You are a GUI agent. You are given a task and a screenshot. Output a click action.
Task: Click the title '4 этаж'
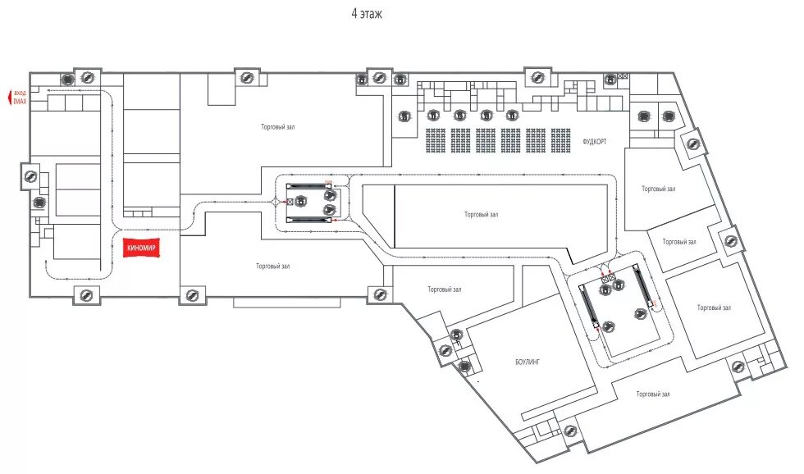click(x=366, y=14)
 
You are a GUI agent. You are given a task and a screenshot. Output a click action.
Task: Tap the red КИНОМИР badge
click(x=141, y=247)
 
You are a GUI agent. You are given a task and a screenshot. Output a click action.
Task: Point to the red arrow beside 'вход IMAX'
click(x=7, y=98)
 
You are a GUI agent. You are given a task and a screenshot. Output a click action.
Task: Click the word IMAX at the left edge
click(x=21, y=101)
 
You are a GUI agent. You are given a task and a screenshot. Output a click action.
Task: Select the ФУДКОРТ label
click(x=594, y=141)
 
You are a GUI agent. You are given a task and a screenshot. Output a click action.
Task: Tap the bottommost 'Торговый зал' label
click(x=653, y=394)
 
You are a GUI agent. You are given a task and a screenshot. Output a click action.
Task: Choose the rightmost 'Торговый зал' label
click(x=714, y=308)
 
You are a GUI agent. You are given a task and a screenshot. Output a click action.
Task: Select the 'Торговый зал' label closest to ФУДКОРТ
click(x=658, y=189)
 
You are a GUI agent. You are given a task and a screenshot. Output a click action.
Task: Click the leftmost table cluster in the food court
click(x=436, y=140)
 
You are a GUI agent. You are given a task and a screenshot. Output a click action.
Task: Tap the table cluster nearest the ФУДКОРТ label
click(x=561, y=140)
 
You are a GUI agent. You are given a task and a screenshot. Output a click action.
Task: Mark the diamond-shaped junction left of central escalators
click(x=274, y=201)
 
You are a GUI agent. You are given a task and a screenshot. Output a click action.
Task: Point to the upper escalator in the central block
click(x=308, y=186)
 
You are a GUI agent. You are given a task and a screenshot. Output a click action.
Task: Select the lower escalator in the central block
click(x=308, y=219)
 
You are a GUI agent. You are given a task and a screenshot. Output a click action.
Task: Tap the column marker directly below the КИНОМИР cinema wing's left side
click(x=85, y=295)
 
